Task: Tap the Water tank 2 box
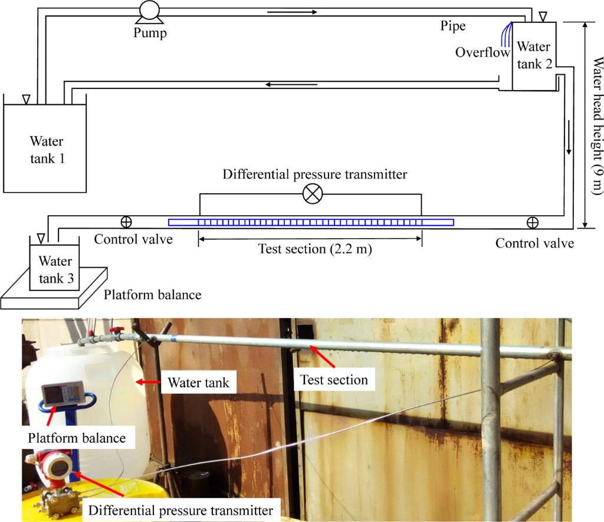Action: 533,56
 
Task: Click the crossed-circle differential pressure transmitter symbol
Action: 311,194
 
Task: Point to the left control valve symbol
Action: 126,222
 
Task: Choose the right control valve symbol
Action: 532,222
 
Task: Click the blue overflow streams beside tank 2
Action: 505,34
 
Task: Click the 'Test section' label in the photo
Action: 333,380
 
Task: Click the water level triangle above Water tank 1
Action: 25,100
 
